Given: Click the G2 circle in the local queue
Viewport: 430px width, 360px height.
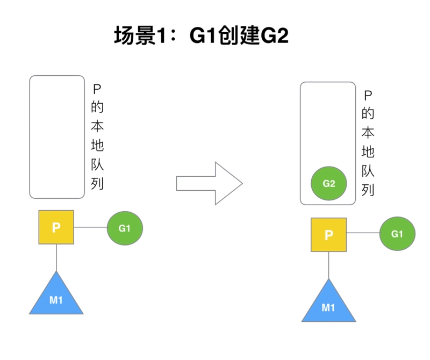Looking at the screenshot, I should [x=329, y=184].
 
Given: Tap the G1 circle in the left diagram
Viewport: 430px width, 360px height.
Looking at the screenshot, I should [x=125, y=228].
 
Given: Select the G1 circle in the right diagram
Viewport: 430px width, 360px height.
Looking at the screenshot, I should [x=397, y=234].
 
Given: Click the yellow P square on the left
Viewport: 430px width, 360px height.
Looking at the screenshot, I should [x=56, y=227].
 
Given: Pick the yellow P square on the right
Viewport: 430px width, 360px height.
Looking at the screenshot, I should [x=329, y=235].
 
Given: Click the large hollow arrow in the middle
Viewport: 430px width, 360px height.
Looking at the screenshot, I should [x=210, y=183].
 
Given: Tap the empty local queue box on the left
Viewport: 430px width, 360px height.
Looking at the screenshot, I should [x=57, y=137].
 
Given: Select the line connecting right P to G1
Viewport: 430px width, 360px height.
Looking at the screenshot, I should [x=363, y=234].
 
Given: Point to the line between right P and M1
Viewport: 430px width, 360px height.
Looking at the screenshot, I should [x=329, y=264].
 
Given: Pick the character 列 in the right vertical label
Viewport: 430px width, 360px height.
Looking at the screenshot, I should [x=368, y=190].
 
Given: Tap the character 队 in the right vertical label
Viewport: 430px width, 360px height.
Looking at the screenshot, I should [x=368, y=171].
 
